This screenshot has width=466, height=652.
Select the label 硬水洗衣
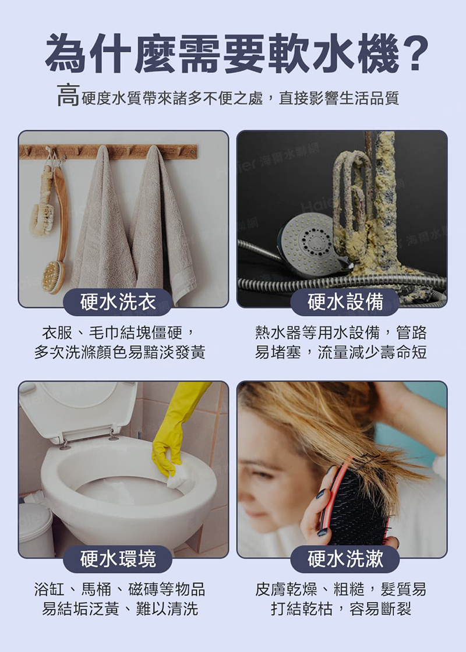(x=118, y=302)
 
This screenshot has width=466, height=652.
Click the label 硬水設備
(x=345, y=302)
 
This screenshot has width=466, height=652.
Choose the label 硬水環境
(x=118, y=559)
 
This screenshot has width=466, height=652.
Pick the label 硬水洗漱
(x=345, y=559)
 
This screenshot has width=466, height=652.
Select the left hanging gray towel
(x=103, y=227)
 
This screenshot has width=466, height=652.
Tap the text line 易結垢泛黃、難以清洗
(x=119, y=609)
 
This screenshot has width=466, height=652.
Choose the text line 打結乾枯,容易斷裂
(x=341, y=609)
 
